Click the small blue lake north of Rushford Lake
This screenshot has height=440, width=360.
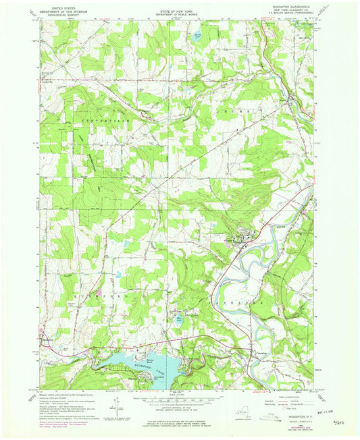coord(178,322)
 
